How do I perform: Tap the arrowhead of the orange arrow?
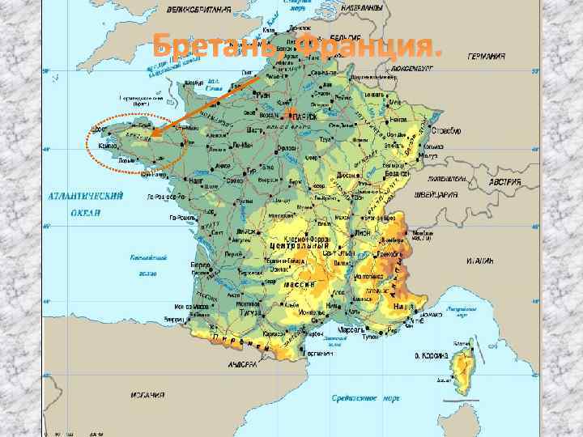(154, 131)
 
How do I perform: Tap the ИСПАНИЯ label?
(147, 394)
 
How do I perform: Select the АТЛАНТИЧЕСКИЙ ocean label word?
(85, 195)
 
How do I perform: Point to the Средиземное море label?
(366, 397)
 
